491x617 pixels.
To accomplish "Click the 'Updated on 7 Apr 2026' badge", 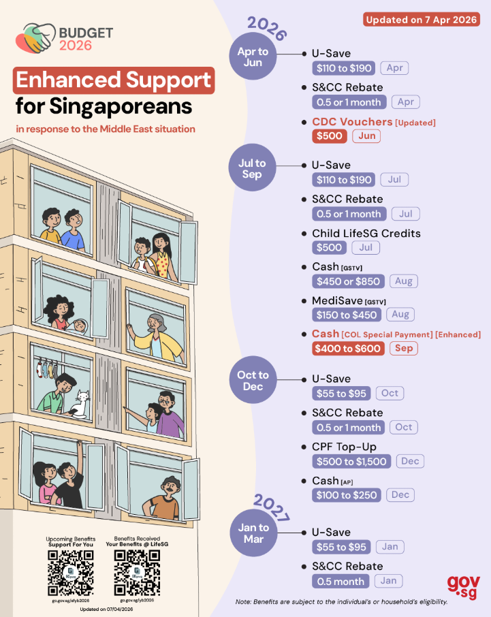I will pyautogui.click(x=421, y=20).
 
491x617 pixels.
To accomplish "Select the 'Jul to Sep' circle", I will pyautogui.click(x=253, y=168).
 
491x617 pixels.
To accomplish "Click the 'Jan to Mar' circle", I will pyautogui.click(x=253, y=533).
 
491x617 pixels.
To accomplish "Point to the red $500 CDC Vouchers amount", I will pyautogui.click(x=330, y=136).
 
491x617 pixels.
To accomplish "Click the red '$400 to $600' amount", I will pyautogui.click(x=348, y=349).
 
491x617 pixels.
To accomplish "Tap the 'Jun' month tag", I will pyautogui.click(x=366, y=136).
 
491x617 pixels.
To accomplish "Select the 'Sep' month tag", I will pyautogui.click(x=403, y=349).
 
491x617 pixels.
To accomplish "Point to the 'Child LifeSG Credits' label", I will pyautogui.click(x=366, y=233).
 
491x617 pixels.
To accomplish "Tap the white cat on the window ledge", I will pyautogui.click(x=82, y=405).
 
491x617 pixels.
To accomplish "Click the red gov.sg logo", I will pyautogui.click(x=464, y=585).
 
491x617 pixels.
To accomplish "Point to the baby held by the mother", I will pyautogui.click(x=80, y=326).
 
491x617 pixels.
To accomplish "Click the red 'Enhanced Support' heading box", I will pyautogui.click(x=114, y=80).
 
